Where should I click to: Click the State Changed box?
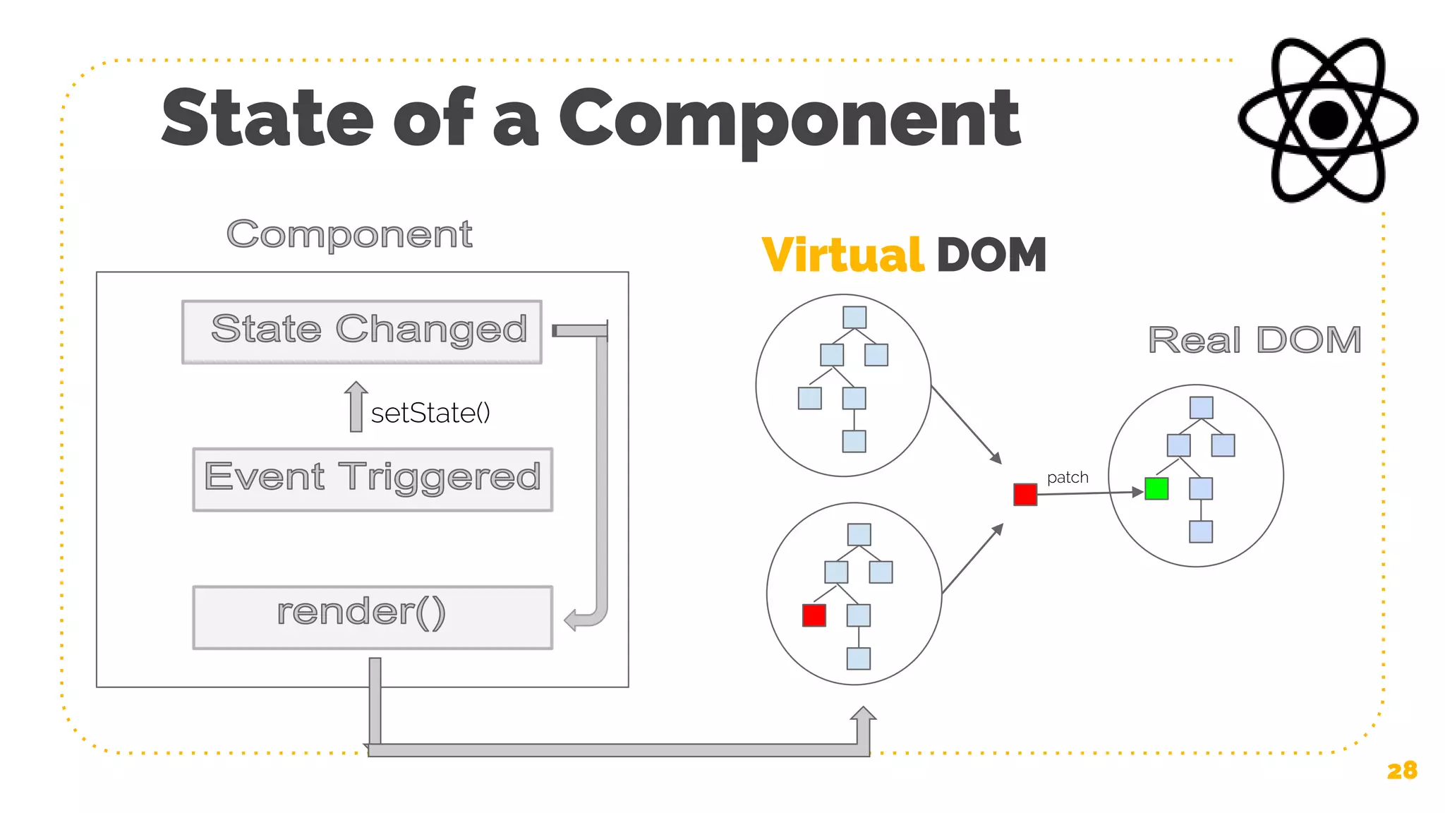[362, 332]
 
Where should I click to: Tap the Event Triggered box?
[373, 479]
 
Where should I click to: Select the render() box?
[373, 617]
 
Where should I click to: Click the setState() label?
[430, 413]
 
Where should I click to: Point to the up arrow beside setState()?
[356, 406]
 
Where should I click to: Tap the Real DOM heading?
[1254, 340]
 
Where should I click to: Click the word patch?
[1068, 477]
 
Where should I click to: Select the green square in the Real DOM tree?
[1156, 488]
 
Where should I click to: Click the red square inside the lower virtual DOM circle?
[814, 615]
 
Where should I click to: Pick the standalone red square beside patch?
[1025, 494]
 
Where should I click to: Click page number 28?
[1401, 770]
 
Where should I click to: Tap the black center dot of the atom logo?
[1329, 120]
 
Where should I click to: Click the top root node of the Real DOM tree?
[1201, 407]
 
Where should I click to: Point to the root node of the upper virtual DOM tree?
[854, 317]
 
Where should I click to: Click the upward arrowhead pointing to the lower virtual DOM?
[863, 714]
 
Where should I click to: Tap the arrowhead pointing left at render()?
[572, 620]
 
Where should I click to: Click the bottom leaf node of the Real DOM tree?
[1200, 531]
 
